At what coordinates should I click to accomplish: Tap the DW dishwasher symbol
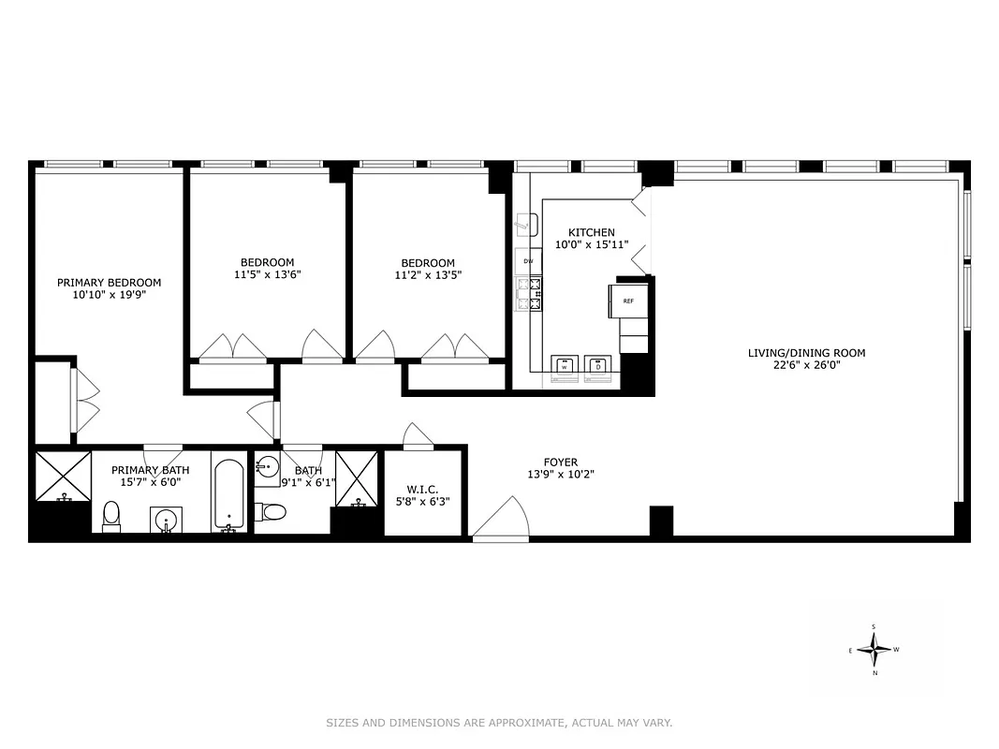coord(528,261)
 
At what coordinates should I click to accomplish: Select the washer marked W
coord(565,367)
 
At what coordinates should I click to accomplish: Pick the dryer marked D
coord(596,367)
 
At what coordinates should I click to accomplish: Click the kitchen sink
coord(526,226)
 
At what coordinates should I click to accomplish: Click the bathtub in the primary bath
coord(229,493)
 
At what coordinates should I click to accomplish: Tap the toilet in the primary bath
coord(111,516)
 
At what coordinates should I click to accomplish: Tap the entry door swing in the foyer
coord(504,521)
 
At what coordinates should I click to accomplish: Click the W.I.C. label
coord(423,489)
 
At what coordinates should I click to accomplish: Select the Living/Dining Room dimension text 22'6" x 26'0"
coord(806,366)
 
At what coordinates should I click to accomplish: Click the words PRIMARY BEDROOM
coord(109,282)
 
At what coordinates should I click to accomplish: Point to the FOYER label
coord(561,462)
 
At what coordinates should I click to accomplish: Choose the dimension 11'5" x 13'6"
coord(267,275)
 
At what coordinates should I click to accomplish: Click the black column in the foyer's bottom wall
coord(661,521)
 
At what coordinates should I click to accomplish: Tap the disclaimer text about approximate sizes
coord(499,723)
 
